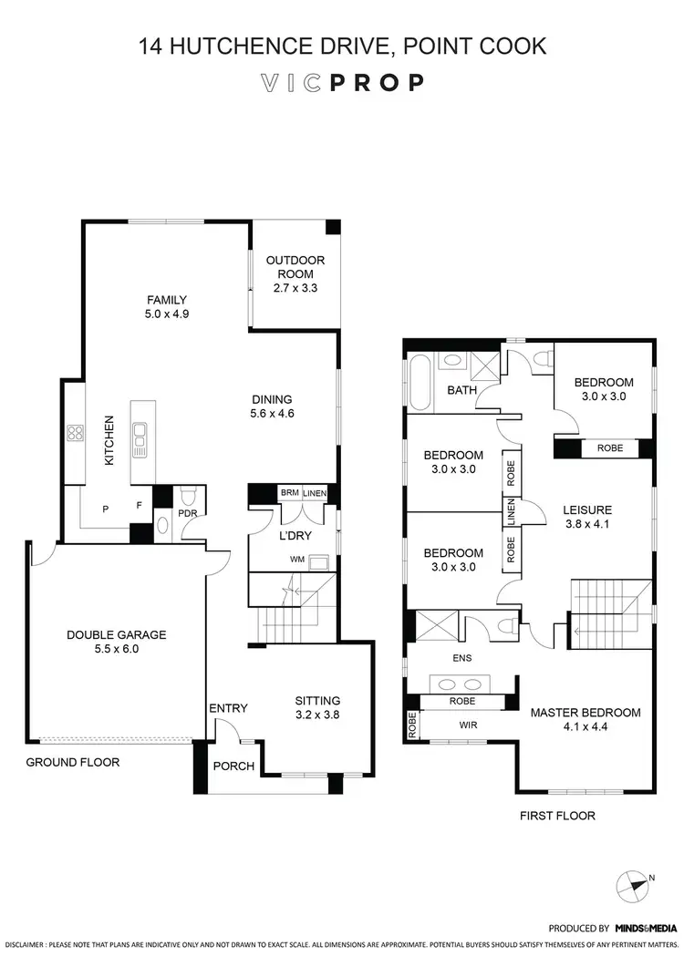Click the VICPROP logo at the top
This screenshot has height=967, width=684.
pyautogui.click(x=342, y=83)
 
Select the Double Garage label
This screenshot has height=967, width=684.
pyautogui.click(x=115, y=634)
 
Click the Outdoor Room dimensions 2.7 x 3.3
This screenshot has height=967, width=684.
pyautogui.click(x=295, y=288)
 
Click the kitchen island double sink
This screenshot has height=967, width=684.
pyautogui.click(x=140, y=439)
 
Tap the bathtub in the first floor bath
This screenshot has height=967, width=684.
pyautogui.click(x=420, y=383)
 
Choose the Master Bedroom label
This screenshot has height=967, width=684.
pyautogui.click(x=586, y=712)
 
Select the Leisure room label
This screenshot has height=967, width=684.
pyautogui.click(x=586, y=509)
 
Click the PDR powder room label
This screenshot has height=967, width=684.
pyautogui.click(x=188, y=513)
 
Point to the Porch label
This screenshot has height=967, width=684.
pyautogui.click(x=233, y=766)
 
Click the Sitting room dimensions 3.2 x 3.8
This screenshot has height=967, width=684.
pyautogui.click(x=317, y=715)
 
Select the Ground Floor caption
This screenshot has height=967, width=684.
pyautogui.click(x=72, y=762)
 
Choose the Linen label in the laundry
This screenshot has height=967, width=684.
pyautogui.click(x=314, y=492)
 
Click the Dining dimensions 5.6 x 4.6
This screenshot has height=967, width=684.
pyautogui.click(x=272, y=413)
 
